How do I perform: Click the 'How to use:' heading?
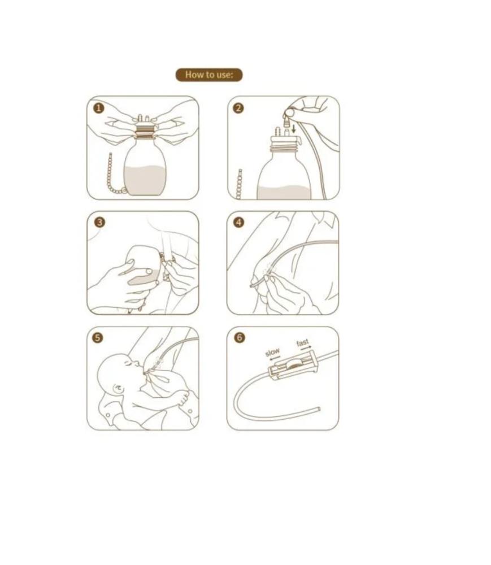coord(209,75)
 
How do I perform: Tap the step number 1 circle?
coord(99,108)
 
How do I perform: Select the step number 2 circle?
coord(238,108)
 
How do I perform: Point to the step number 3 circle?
coord(100,222)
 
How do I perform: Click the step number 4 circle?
coord(239,222)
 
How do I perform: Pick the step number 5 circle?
coord(98,338)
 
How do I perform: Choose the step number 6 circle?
coord(240,338)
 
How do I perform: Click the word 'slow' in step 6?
coord(272,351)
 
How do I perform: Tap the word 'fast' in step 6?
coord(303,343)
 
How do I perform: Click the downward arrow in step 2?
coord(294,128)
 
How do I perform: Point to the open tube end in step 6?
coord(319,409)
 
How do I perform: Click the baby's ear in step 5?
coord(118,389)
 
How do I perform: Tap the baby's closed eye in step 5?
coord(129,364)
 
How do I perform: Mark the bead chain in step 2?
coord(239,184)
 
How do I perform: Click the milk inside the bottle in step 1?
coord(145,180)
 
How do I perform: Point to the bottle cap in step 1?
coord(146,129)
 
